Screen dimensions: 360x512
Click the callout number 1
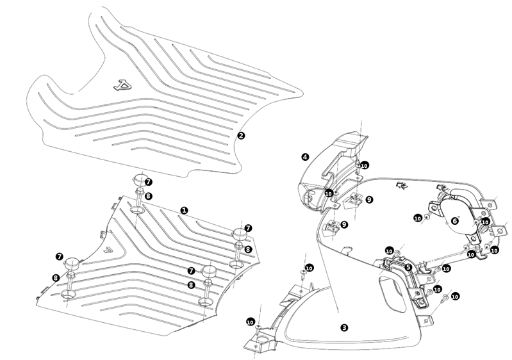coord(185,210)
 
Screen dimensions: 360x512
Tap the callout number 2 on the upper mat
coord(242,135)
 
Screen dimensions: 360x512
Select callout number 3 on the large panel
coord(345,327)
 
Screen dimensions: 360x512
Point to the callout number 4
coord(305,156)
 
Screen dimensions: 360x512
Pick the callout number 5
coord(408,266)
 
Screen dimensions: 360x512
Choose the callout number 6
coord(454,220)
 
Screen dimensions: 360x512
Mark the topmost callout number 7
coord(148,181)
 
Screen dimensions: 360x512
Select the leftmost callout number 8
coord(56,277)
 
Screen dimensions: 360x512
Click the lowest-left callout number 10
coord(250,322)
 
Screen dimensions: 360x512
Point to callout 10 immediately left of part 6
coord(418,218)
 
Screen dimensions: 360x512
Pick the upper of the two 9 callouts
coord(369,200)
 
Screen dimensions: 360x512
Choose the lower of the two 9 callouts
coord(343,225)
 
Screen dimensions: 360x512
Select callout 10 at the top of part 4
coord(364,165)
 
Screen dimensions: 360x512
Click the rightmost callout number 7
coord(248,228)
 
